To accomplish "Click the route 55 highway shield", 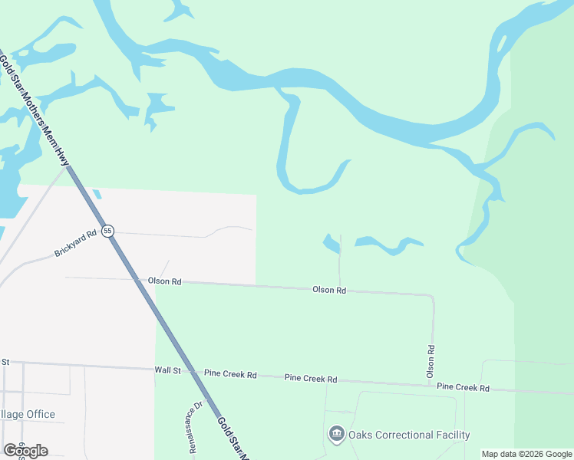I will [107, 230].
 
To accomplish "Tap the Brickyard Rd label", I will [75, 242].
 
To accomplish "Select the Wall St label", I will [167, 370].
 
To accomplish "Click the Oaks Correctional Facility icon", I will [336, 435].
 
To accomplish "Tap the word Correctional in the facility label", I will [404, 435].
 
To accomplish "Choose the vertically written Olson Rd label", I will [431, 360].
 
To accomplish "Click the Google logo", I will [25, 450].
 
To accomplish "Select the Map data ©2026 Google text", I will [526, 454].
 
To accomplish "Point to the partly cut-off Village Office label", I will [28, 414].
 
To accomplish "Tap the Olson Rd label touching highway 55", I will [165, 281].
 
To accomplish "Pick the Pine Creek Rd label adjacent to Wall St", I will [230, 374].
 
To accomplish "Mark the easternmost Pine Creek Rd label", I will [463, 387].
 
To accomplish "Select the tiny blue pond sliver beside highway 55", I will [96, 194].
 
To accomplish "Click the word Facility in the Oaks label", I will [450, 435].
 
